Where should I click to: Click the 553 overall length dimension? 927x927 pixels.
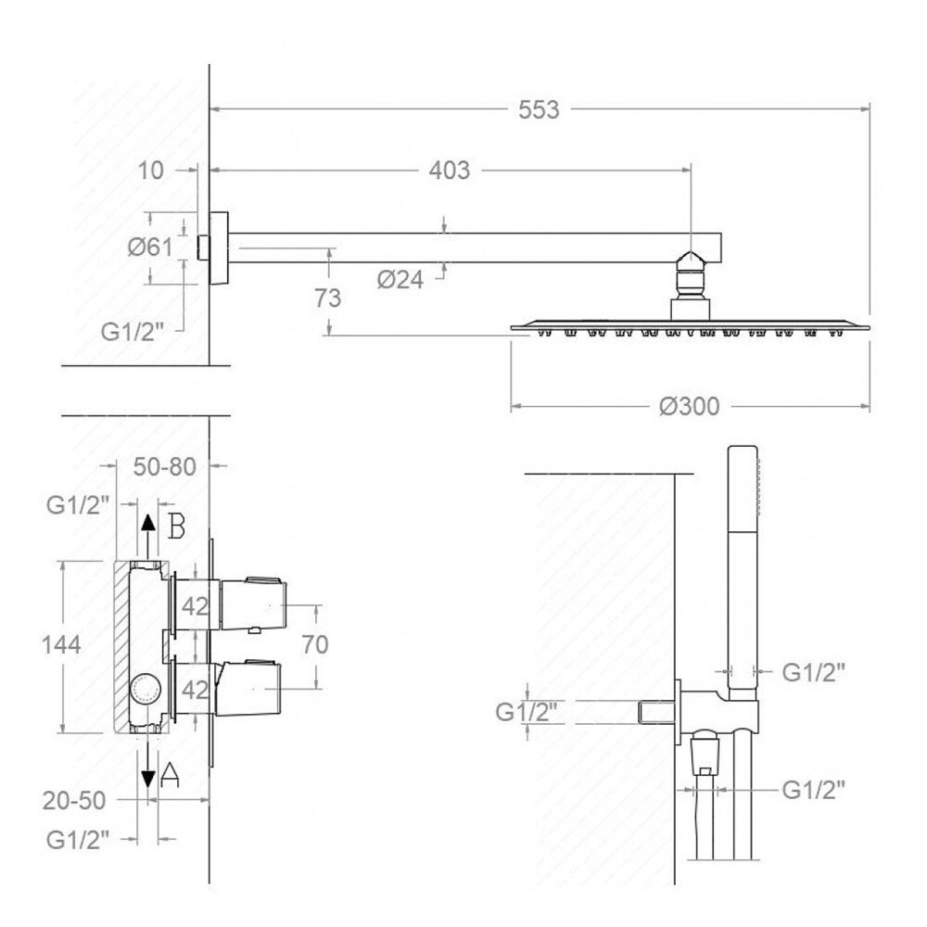[x=539, y=110]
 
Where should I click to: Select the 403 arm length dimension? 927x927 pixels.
[x=450, y=171]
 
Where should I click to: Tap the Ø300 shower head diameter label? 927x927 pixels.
[x=690, y=406]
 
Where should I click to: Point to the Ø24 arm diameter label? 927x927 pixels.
[x=400, y=280]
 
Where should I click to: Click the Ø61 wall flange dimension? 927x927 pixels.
[x=150, y=248]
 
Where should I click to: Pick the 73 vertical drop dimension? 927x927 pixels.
[x=327, y=298]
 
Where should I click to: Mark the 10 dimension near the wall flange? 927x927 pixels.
[x=150, y=171]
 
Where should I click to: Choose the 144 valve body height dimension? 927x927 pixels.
[x=61, y=644]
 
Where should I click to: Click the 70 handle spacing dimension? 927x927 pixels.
[x=314, y=644]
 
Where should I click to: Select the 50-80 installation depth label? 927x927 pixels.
[x=164, y=467]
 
